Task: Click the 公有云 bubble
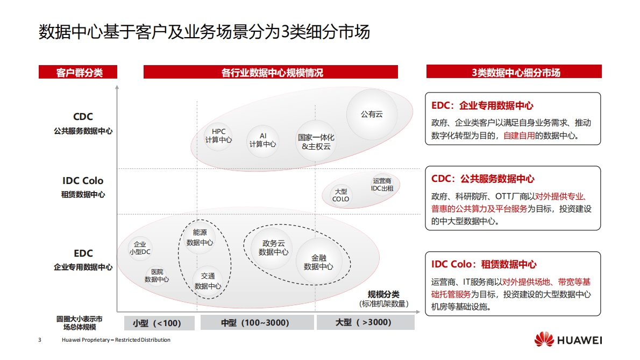pos(372,114)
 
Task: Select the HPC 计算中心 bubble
pos(218,136)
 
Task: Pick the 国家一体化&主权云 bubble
pos(316,142)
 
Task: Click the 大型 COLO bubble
pos(340,195)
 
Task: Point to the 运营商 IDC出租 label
pos(382,185)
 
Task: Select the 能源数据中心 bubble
pos(200,237)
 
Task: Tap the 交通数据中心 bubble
pos(208,281)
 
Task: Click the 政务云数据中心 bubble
pos(273,248)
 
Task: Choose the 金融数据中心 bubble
pos(318,262)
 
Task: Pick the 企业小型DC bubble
pos(140,248)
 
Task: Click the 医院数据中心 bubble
pos(157,276)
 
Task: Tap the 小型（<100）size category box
pos(157,323)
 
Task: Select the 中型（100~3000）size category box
pos(257,323)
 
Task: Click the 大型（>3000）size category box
pos(365,323)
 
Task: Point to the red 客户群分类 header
pos(78,72)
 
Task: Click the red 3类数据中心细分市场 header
pos(514,72)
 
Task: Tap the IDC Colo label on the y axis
pos(83,181)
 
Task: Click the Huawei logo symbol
pos(544,340)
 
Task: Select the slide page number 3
pos(39,340)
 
